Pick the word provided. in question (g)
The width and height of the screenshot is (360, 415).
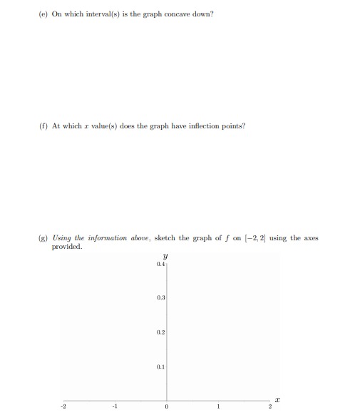coord(67,247)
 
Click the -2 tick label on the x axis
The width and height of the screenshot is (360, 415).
coord(62,407)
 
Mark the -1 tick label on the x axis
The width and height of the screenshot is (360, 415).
coord(114,407)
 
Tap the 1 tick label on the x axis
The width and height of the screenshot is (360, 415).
coord(220,407)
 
